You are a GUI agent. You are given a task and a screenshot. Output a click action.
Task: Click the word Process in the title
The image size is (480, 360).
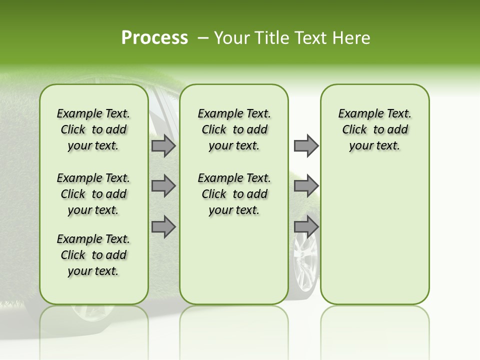pyautogui.click(x=154, y=38)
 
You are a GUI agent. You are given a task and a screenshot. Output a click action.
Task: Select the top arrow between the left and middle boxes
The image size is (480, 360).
pyautogui.click(x=163, y=145)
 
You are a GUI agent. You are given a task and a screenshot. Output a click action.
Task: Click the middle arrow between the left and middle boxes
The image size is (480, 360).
pyautogui.click(x=163, y=186)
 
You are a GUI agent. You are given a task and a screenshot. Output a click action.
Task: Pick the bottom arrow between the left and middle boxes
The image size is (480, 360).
pyautogui.click(x=163, y=226)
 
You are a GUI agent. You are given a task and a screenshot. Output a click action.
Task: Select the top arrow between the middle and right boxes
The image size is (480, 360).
pyautogui.click(x=306, y=145)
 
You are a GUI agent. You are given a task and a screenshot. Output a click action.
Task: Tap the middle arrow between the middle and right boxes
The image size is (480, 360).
pyautogui.click(x=306, y=186)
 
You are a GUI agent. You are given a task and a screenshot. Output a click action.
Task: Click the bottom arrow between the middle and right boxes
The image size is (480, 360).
pyautogui.click(x=306, y=226)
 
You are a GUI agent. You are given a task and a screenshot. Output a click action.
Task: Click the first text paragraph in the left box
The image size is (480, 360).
pyautogui.click(x=93, y=129)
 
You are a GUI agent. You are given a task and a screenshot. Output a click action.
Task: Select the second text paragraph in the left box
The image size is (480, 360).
pyautogui.click(x=93, y=194)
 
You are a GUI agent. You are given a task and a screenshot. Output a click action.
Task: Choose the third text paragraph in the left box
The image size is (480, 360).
pyautogui.click(x=93, y=255)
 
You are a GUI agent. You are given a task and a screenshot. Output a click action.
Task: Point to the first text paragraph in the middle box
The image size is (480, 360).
pyautogui.click(x=234, y=129)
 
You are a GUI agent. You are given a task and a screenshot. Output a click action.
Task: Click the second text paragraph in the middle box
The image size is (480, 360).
pyautogui.click(x=234, y=194)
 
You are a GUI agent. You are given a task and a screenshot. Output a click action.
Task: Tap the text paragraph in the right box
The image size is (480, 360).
pyautogui.click(x=374, y=129)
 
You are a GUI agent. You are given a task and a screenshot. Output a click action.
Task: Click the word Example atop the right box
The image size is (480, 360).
pyautogui.click(x=357, y=114)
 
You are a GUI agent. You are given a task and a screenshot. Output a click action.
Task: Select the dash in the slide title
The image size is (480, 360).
pyautogui.click(x=203, y=38)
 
